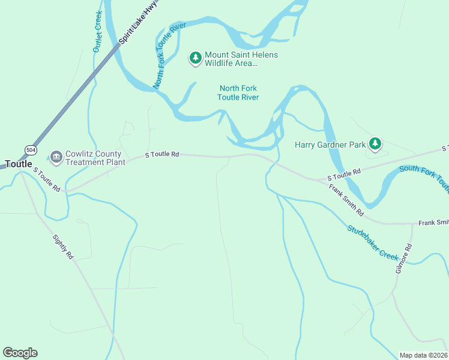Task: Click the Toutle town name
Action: click(x=19, y=164)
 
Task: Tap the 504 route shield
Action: click(x=30, y=149)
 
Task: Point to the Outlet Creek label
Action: click(x=97, y=31)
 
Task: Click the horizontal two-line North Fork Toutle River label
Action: click(x=238, y=92)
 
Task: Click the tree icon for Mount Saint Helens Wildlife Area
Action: click(x=195, y=58)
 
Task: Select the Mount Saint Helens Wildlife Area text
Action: click(x=241, y=58)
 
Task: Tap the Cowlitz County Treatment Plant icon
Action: click(x=56, y=157)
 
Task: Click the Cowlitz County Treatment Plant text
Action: click(x=95, y=158)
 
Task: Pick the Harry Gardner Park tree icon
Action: click(x=375, y=143)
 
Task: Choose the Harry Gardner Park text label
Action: click(x=330, y=145)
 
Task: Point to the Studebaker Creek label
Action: click(x=373, y=242)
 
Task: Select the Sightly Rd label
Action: click(x=62, y=246)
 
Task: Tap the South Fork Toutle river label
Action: click(x=424, y=176)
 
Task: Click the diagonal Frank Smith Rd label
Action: click(x=346, y=200)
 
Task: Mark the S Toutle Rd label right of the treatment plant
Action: click(x=163, y=155)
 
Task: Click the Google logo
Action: click(x=20, y=353)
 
